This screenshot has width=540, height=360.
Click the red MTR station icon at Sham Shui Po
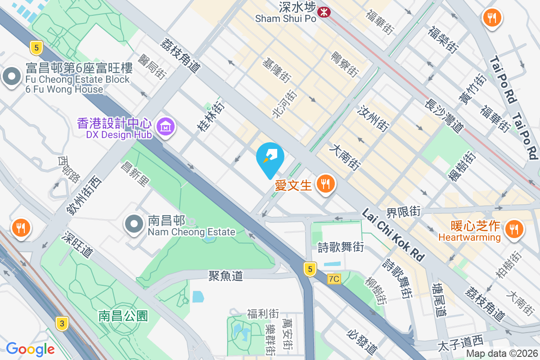323,12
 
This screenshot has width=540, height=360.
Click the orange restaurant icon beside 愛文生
324,184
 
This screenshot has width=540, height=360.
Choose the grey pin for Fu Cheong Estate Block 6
12,77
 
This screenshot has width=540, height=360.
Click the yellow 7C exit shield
333,279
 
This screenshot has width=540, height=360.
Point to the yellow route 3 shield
62,323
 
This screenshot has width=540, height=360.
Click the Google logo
30,349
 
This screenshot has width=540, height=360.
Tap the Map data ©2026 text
501,354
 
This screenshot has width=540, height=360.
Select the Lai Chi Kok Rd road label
393,234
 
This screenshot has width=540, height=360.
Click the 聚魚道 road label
225,275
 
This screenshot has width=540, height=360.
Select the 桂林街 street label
211,116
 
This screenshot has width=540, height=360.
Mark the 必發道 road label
362,341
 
